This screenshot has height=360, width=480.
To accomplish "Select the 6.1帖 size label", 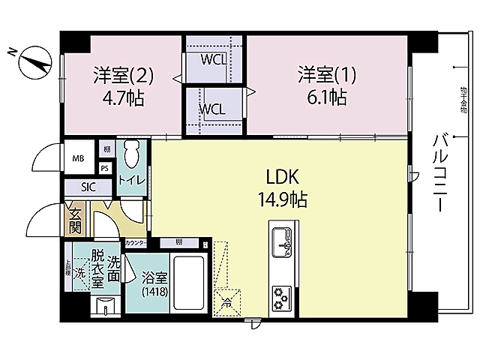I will tap(322, 97).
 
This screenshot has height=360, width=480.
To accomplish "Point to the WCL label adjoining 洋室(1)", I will tap(211, 108).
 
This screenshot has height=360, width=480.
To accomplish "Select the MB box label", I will tap(78, 158).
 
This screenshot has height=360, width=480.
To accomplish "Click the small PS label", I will tap(104, 169).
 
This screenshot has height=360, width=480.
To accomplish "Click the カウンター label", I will tap(136, 243).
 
